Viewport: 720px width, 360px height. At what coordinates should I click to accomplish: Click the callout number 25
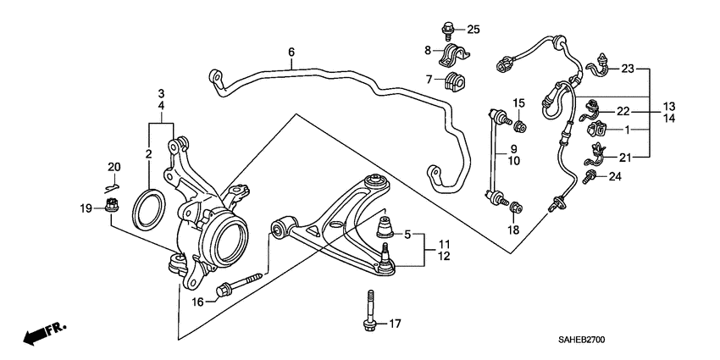coord(474,30)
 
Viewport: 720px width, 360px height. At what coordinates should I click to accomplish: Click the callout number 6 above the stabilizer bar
coord(291,53)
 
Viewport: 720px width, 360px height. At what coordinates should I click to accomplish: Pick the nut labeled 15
coord(520,127)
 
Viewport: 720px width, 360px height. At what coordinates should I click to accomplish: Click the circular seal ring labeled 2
coord(148,208)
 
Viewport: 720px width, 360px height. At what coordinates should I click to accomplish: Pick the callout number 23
coord(628,69)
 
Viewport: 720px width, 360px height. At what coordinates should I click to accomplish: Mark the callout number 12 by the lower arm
coord(444,256)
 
